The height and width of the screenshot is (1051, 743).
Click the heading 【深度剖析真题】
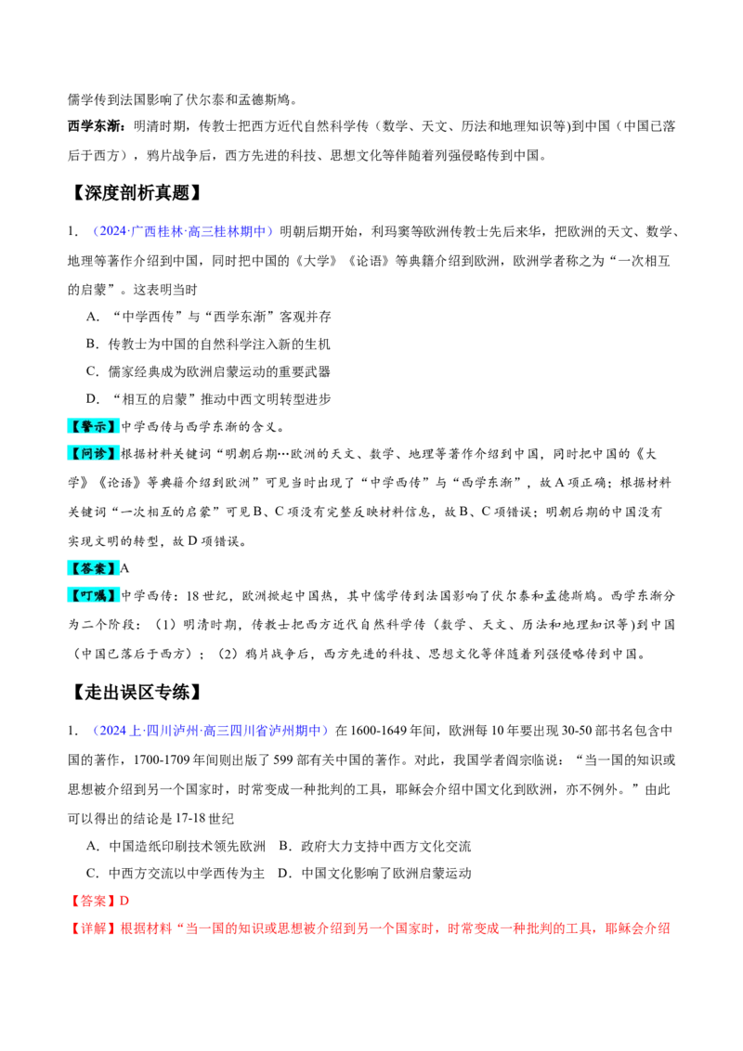[x=137, y=193]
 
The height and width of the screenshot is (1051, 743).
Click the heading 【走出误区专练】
[x=137, y=692]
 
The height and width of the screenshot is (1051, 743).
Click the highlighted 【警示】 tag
[x=94, y=426]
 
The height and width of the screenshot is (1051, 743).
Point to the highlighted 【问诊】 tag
[x=94, y=454]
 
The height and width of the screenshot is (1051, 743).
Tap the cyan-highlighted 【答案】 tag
[x=94, y=568]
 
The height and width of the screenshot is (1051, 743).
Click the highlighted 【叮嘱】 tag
[x=94, y=595]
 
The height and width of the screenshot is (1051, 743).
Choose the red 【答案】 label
[x=93, y=901]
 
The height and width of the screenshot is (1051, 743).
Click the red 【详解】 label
[x=93, y=928]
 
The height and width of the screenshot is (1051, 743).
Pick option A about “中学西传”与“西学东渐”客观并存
[x=209, y=317]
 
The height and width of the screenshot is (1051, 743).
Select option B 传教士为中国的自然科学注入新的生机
[x=209, y=344]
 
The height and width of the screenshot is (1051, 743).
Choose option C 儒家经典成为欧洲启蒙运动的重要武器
[x=209, y=371]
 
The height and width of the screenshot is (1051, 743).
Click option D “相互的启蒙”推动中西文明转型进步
[x=209, y=399]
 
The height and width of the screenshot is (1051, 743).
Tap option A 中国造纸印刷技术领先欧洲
[x=176, y=846]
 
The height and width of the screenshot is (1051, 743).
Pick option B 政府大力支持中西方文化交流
[x=375, y=846]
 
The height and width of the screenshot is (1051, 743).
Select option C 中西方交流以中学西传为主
[x=176, y=874]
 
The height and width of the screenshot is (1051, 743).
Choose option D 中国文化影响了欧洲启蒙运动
[x=375, y=874]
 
